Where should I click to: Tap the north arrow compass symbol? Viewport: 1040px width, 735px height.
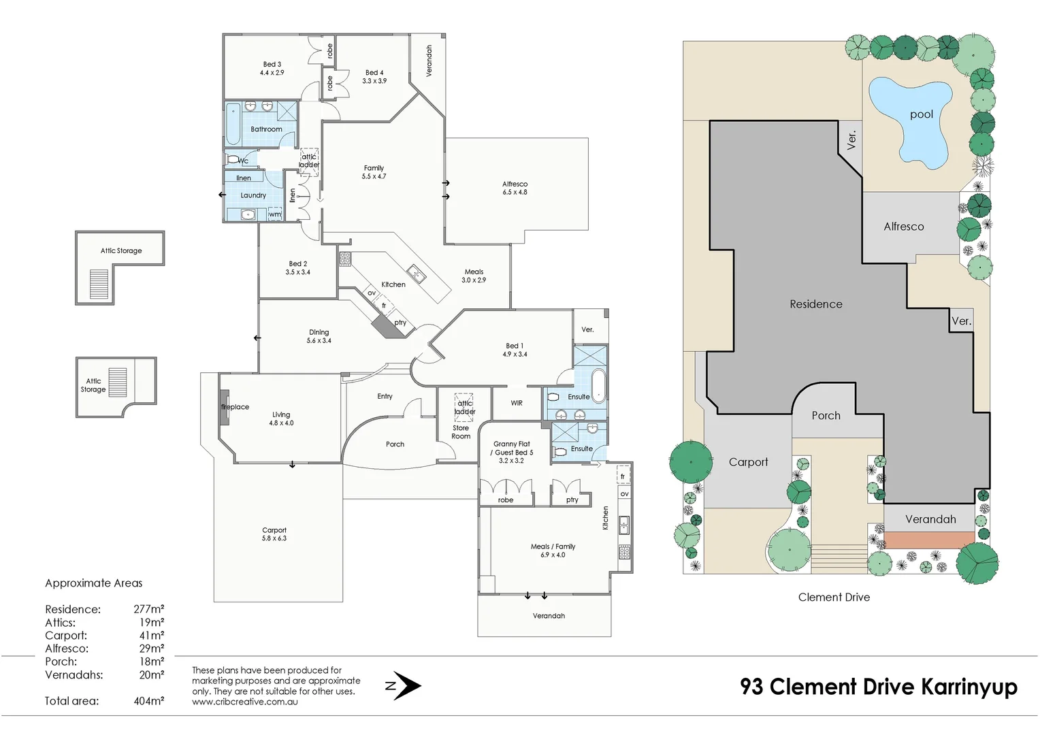(404, 685)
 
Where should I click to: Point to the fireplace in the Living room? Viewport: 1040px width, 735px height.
(223, 407)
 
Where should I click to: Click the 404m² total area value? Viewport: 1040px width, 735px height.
(148, 701)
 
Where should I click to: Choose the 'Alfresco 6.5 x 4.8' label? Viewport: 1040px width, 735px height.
(515, 188)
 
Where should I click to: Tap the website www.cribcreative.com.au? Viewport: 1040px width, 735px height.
(244, 702)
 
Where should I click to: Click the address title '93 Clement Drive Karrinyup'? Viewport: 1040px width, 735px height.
(878, 687)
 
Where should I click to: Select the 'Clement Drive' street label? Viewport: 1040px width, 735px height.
(834, 598)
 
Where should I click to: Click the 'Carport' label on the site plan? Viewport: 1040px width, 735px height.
(748, 462)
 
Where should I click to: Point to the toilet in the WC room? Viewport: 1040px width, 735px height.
(234, 160)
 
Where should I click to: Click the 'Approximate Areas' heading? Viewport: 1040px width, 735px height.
(94, 583)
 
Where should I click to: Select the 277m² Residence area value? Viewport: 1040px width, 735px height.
(148, 609)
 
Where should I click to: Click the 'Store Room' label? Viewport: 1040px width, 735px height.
(461, 432)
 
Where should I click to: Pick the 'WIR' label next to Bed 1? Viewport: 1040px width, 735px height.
(517, 403)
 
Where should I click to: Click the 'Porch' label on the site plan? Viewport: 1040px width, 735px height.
(826, 416)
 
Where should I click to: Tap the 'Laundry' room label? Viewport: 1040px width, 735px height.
(253, 195)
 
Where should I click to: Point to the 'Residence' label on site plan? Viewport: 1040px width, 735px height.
(815, 304)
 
